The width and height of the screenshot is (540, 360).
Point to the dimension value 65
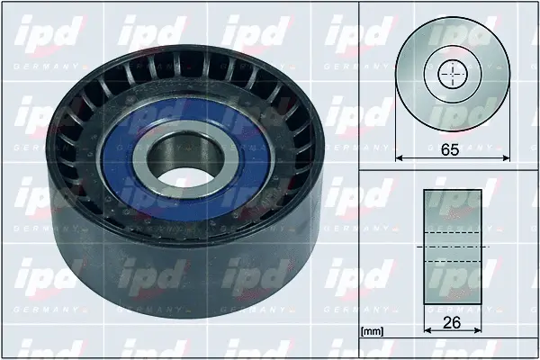coord(451,149)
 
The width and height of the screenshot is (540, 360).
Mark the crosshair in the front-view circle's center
coord(452,76)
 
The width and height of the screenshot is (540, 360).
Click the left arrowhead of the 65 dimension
coord(400,159)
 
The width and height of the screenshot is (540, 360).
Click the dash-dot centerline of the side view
coord(452,247)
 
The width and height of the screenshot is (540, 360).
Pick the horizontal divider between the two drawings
coord(450,171)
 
